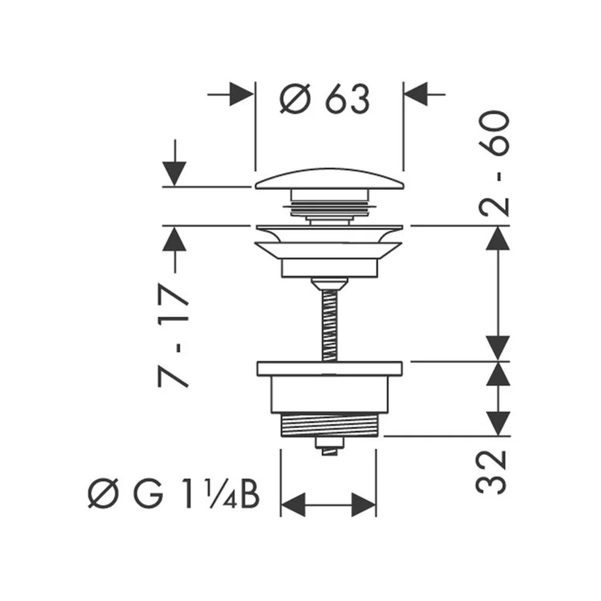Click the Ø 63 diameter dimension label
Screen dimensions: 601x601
tap(325, 99)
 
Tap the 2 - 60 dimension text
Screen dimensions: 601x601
tap(495, 163)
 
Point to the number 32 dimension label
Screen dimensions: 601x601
tap(492, 472)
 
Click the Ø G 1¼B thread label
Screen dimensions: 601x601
tap(174, 493)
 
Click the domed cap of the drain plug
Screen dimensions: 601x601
tap(329, 179)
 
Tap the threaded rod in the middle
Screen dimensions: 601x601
tap(329, 325)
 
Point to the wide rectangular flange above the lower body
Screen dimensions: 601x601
tap(329, 368)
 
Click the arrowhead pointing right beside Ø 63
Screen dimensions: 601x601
tap(242, 94)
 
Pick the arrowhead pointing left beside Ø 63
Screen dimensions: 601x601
tap(416, 94)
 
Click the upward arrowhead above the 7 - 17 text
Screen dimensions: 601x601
tap(174, 239)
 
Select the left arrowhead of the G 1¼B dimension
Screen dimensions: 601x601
tap(293, 504)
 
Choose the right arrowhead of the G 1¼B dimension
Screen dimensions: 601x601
tap(364, 504)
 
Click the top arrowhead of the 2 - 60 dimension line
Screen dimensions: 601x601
tap(498, 238)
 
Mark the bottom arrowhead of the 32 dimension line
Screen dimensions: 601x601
tap(498, 424)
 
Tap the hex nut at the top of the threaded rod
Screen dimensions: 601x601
tap(329, 284)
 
